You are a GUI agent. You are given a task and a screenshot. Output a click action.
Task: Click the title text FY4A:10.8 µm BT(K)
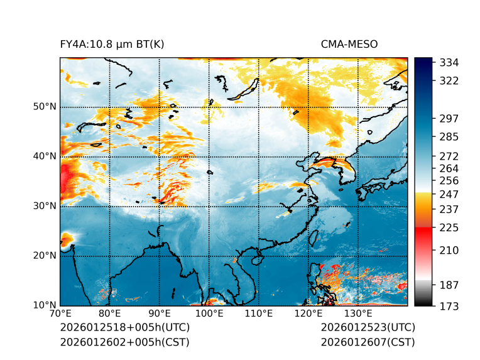112,44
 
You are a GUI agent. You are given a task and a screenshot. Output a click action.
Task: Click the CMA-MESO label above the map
349,44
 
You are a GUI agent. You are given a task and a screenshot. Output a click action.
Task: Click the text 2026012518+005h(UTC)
124,328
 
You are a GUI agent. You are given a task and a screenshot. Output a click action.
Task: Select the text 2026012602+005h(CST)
124,342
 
